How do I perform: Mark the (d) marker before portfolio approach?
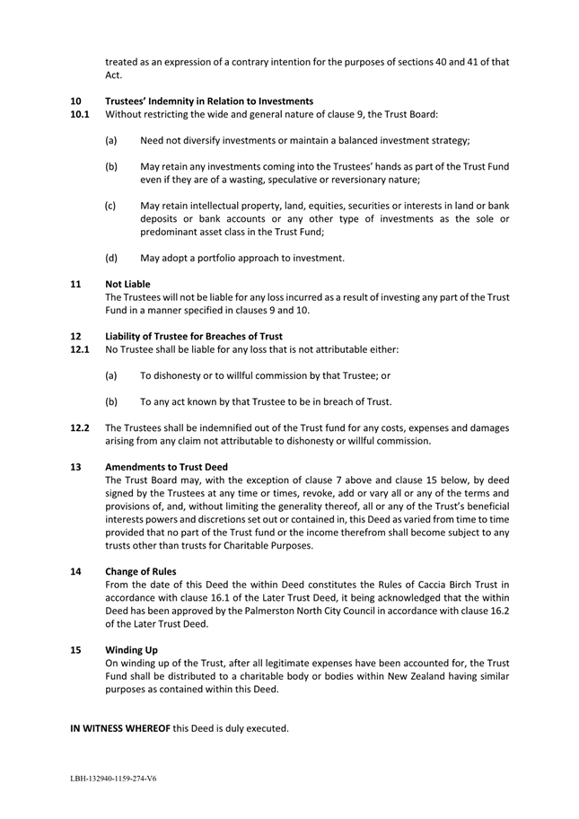110,233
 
